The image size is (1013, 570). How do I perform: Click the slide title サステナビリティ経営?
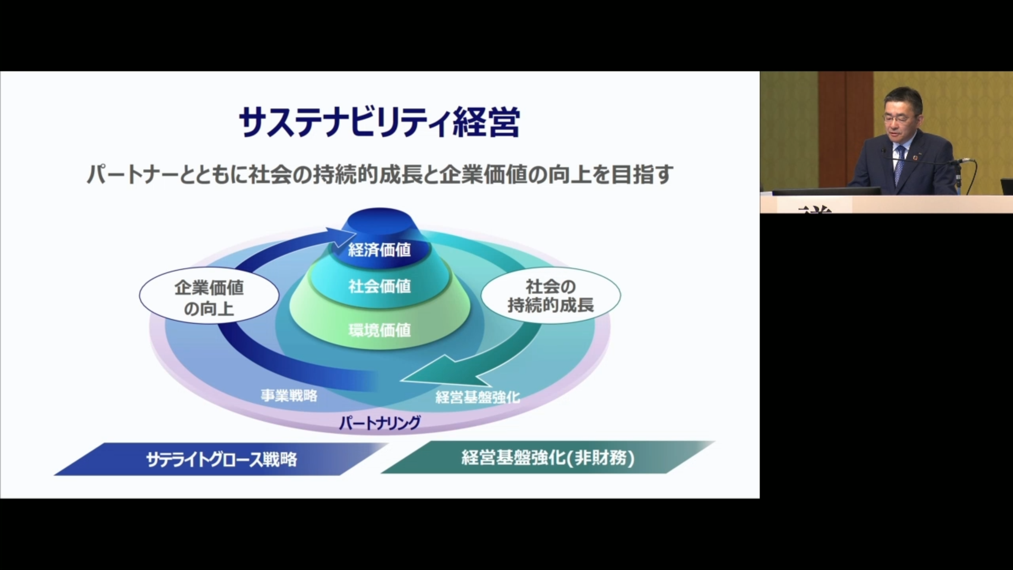379,122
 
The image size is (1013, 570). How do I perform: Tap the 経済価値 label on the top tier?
379,250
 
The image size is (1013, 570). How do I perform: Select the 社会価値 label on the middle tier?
379,287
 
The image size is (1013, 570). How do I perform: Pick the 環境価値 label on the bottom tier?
379,330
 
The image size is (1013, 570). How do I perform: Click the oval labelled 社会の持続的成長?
550,296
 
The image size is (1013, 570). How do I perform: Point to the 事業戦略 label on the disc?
289,395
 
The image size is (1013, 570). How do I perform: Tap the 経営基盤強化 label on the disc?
477,397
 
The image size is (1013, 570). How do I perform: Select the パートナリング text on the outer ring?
379,423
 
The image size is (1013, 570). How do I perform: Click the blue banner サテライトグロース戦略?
222,459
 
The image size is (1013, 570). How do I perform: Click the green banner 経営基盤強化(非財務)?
548,457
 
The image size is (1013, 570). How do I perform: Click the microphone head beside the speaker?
965,160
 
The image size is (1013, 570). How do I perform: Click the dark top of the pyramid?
380,221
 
